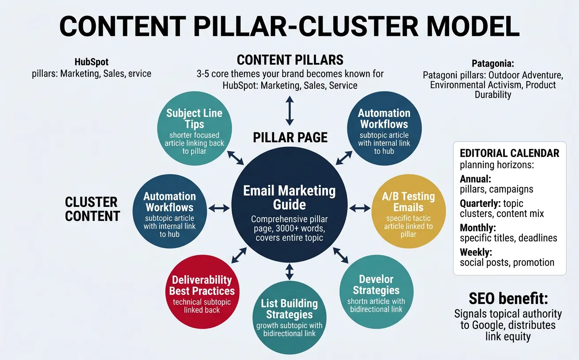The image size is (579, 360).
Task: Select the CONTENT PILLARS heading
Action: (290, 60)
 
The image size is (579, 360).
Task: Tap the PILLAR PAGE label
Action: (290, 137)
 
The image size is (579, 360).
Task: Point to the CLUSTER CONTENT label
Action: (92, 209)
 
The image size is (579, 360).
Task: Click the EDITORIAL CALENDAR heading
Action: (509, 153)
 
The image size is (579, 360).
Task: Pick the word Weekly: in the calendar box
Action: (476, 252)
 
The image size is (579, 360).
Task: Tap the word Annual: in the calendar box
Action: (475, 179)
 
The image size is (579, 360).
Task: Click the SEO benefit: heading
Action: (508, 299)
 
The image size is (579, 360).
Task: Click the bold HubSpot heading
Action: (92, 62)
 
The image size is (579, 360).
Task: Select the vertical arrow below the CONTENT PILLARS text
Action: (289, 110)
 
